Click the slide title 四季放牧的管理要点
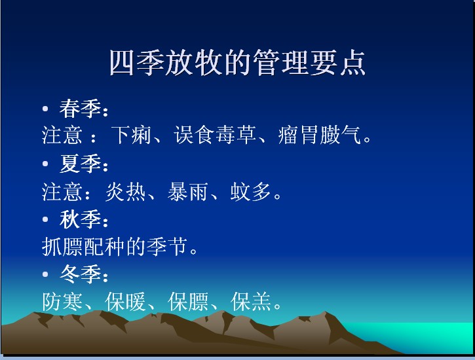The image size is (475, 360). tap(237, 63)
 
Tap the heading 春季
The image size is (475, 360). tap(80, 109)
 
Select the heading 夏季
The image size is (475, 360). tap(80, 164)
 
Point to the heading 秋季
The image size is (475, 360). tap(80, 219)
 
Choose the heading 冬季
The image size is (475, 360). tap(80, 274)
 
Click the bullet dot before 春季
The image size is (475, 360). tap(45, 108)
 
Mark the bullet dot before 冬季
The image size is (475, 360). tap(45, 274)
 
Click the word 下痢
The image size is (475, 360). tap(132, 135)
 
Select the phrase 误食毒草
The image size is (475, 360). tap(216, 135)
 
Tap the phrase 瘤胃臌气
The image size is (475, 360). tap(320, 135)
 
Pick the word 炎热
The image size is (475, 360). tap(125, 192)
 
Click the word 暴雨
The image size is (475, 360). tap(188, 192)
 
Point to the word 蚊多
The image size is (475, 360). tap(250, 192)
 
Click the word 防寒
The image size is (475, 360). tap(62, 302)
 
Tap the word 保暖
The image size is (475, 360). tap(125, 302)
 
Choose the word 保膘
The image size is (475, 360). tap(188, 302)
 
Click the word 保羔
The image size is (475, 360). tap(250, 302)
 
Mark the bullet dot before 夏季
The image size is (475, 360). tap(45, 164)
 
